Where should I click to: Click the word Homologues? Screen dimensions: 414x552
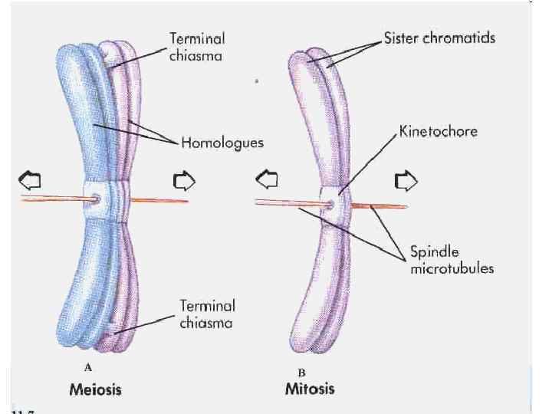click(223, 142)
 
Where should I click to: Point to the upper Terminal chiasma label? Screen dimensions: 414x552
click(207, 44)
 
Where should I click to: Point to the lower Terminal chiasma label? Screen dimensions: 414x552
click(207, 314)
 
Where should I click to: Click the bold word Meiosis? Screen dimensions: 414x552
click(95, 389)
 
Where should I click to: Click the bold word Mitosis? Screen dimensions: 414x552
click(310, 389)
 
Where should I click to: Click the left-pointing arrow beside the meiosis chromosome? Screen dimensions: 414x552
click(30, 179)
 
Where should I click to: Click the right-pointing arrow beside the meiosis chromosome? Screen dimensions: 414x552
click(185, 179)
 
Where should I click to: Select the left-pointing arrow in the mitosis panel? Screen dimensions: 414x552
click(268, 181)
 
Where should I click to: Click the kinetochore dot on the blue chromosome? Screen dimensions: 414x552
click(95, 200)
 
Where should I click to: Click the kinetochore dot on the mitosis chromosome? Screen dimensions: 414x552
click(330, 205)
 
